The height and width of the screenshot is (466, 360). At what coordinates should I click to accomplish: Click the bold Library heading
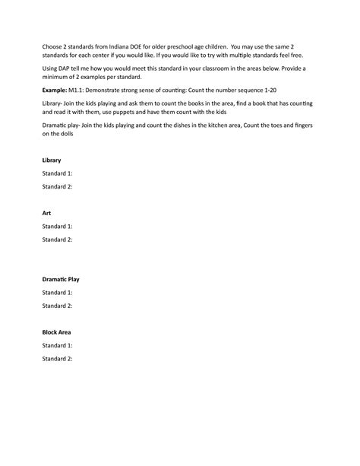[x=52, y=160]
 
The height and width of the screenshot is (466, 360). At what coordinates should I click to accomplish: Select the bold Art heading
[x=46, y=214]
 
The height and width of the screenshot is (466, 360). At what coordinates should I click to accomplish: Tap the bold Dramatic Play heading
[x=61, y=279]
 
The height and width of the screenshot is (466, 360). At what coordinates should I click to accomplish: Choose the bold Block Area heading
[x=57, y=332]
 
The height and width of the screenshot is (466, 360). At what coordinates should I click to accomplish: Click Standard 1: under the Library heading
[x=58, y=173]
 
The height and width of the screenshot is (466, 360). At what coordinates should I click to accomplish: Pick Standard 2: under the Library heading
[x=58, y=186]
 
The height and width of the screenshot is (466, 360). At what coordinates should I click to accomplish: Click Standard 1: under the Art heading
[x=58, y=227]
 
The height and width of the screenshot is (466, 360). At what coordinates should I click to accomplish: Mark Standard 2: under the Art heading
[x=58, y=239]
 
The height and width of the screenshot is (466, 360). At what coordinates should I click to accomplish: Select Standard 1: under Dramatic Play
[x=58, y=292]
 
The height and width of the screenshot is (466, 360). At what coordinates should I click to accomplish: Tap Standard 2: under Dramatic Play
[x=58, y=306]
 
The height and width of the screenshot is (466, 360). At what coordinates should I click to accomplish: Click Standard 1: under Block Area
[x=58, y=345]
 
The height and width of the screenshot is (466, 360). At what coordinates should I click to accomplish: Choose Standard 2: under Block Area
[x=58, y=358]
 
